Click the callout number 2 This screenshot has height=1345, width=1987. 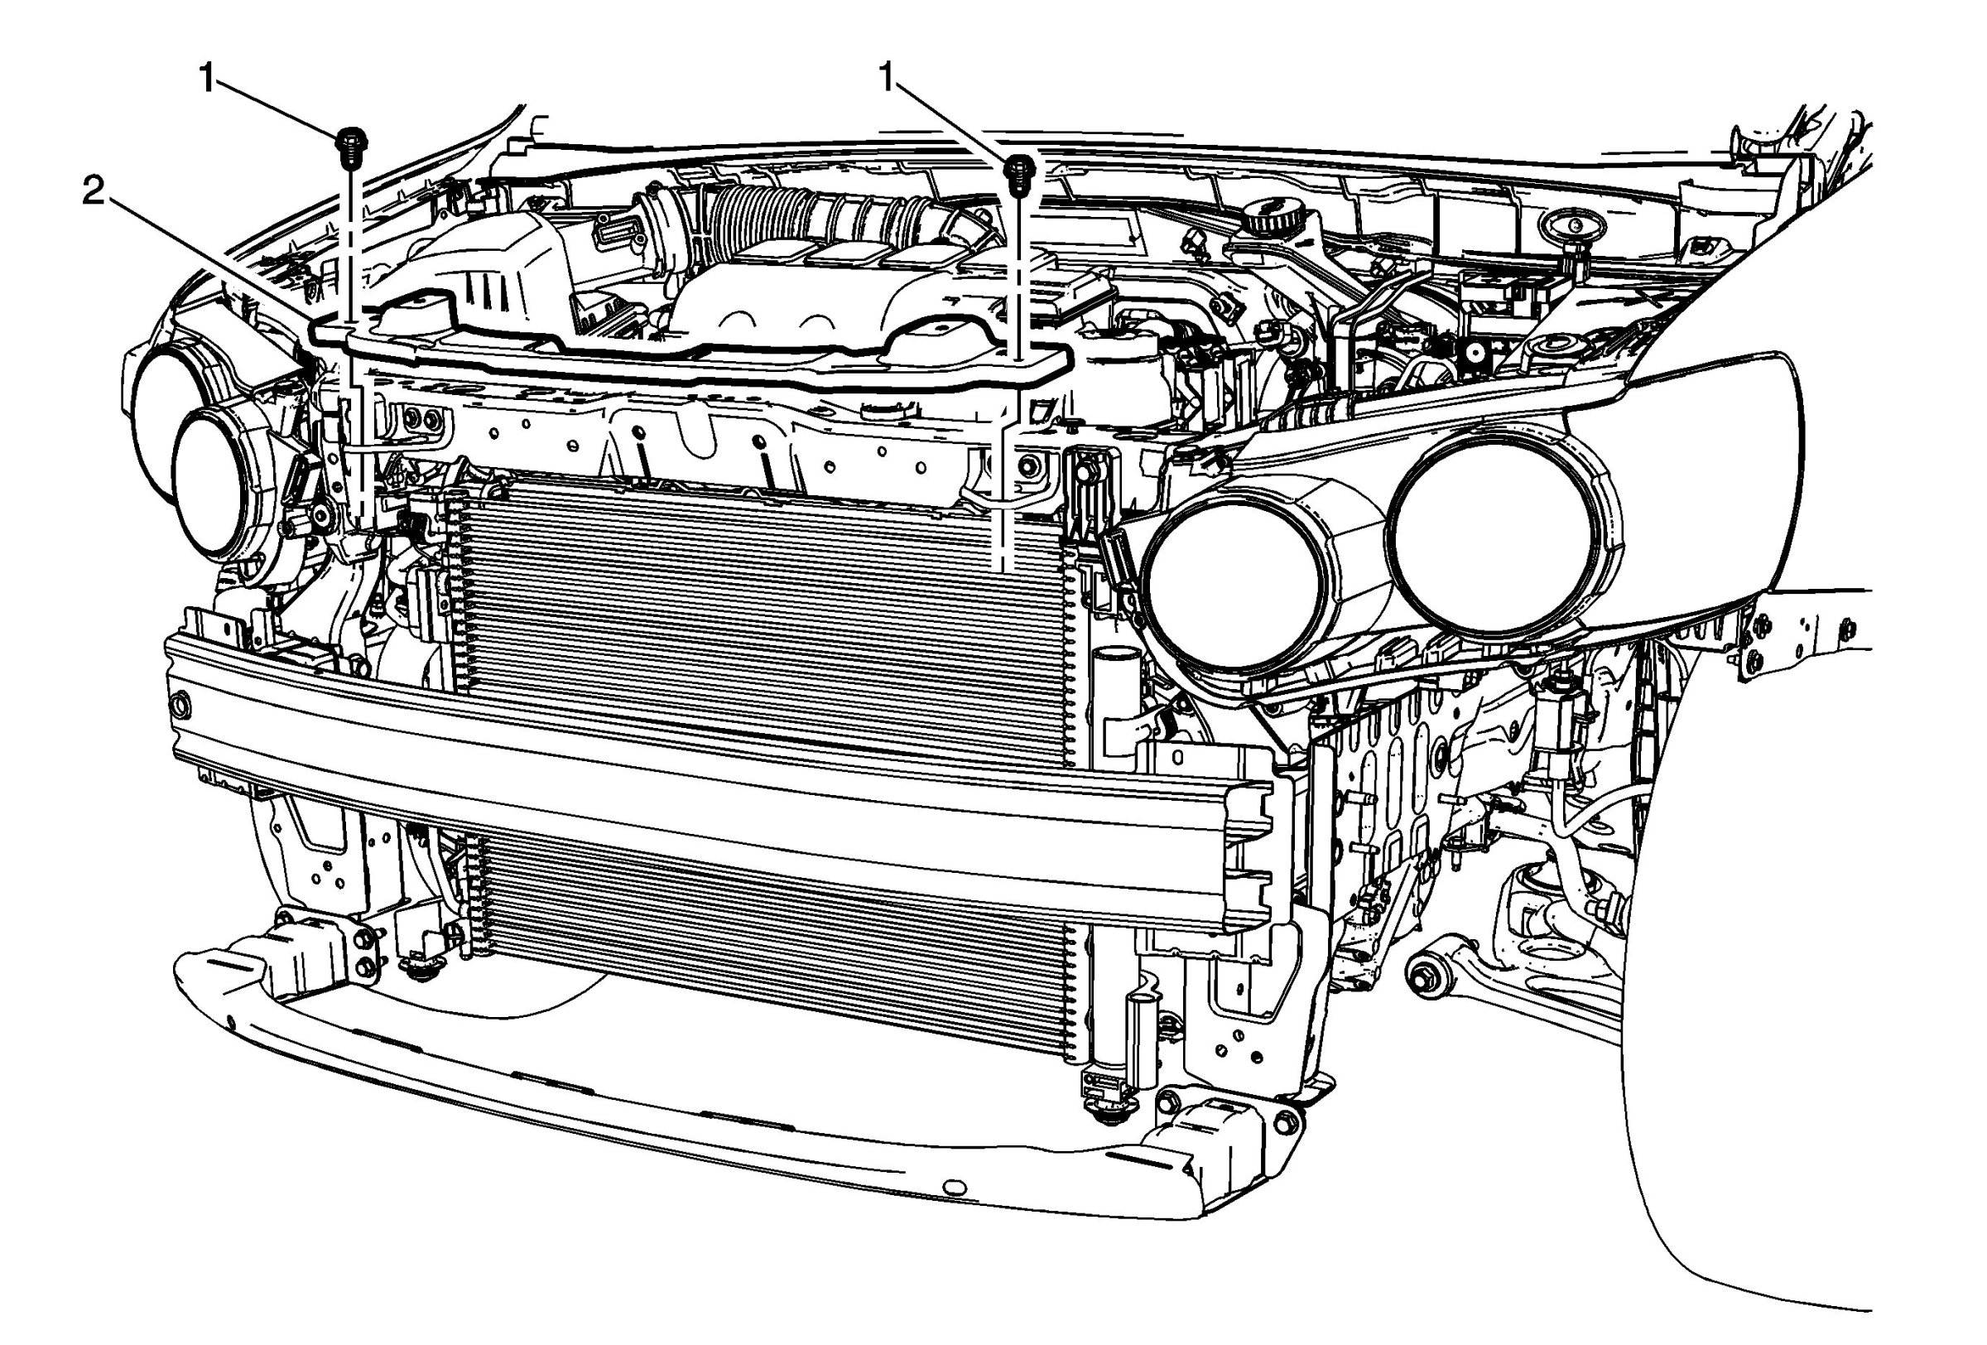[x=94, y=192]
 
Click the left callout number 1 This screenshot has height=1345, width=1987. [x=207, y=79]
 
